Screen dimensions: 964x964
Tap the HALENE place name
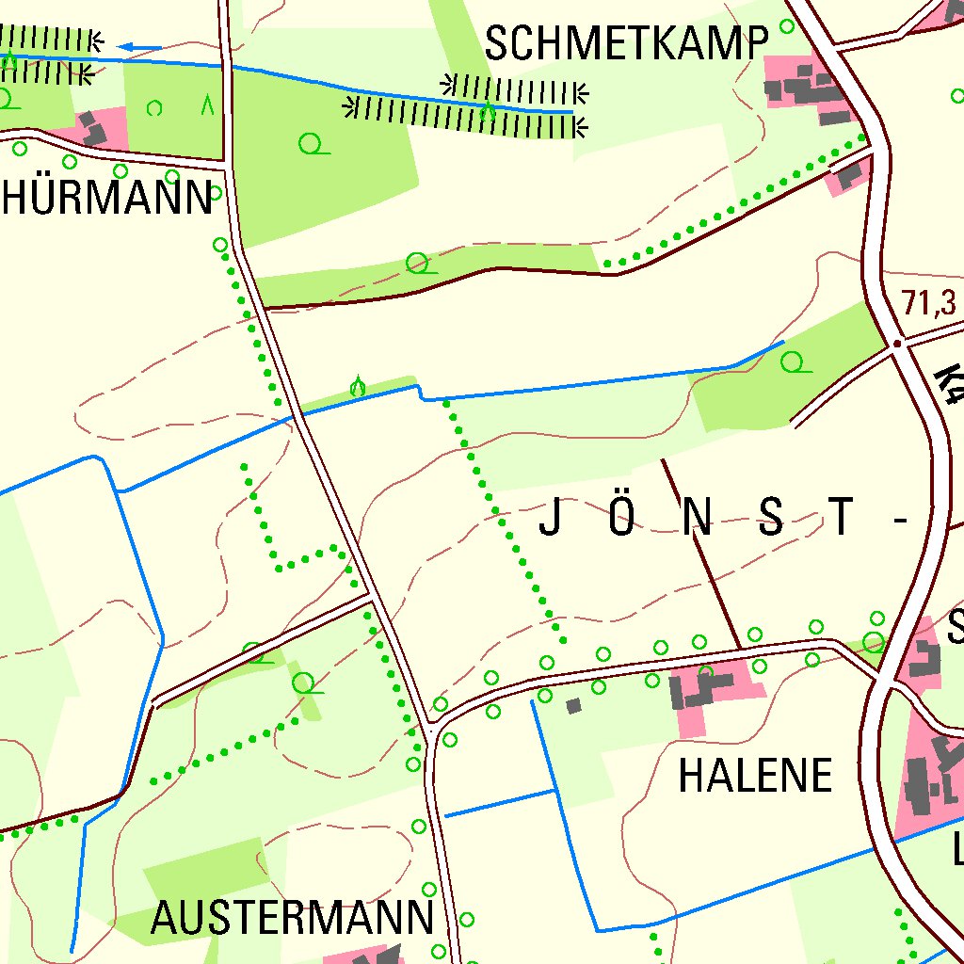pos(756,776)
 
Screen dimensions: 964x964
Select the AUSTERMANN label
pos(292,918)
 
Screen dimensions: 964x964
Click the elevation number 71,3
pos(929,303)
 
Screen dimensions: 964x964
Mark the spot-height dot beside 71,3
pos(898,344)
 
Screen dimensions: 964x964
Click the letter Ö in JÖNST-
pos(621,517)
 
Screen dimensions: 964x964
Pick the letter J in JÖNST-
pos(551,519)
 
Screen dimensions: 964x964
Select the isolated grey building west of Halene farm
pos(573,705)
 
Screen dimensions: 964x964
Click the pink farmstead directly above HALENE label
pos(708,693)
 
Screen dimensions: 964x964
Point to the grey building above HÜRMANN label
pos(93,129)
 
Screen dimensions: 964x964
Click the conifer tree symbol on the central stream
pos(358,386)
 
